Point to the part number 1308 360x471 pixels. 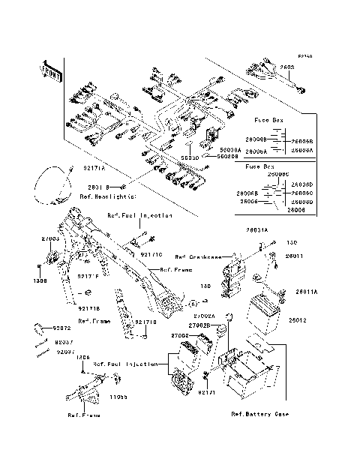(x=40, y=280)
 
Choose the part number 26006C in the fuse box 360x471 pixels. (x=302, y=193)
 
